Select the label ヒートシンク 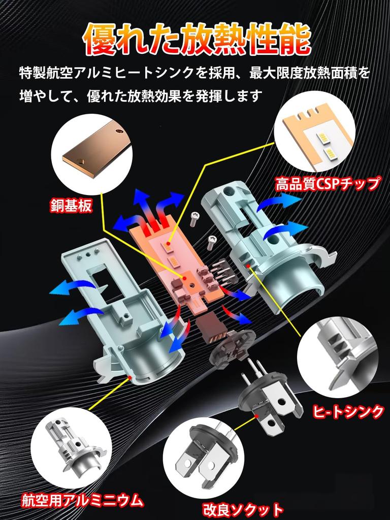click(348, 411)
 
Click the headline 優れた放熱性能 click(197, 39)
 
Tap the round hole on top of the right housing click(227, 191)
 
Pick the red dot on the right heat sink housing click(249, 265)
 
